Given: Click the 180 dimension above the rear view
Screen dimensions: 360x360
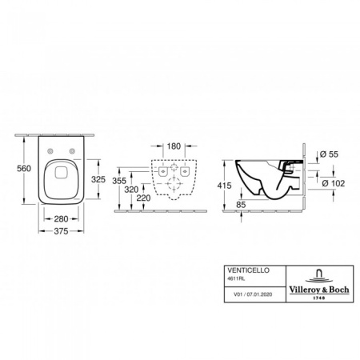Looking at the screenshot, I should tap(174, 147).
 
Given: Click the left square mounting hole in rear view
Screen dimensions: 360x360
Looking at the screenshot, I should tap(163, 172).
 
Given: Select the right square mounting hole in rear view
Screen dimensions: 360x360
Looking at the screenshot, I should tap(185, 172).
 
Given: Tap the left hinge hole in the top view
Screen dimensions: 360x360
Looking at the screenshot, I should tap(51, 153).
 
